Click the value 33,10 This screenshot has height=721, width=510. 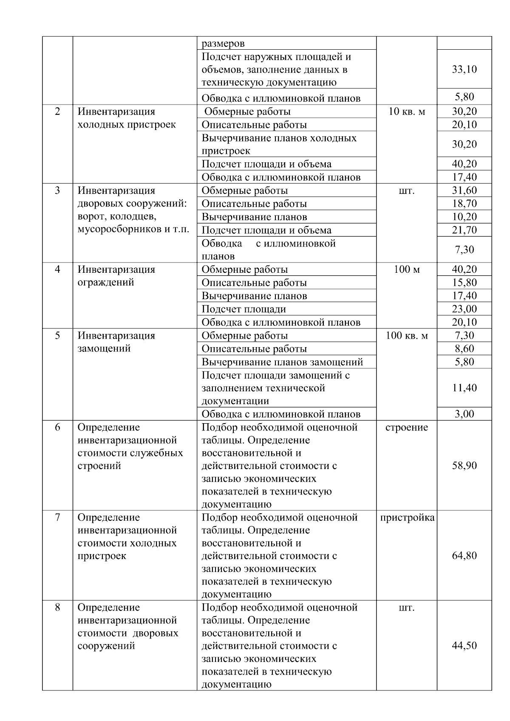464,69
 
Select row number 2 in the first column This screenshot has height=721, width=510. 57,112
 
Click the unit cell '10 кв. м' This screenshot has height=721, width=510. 407,112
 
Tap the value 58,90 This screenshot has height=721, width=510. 464,466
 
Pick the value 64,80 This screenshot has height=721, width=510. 464,556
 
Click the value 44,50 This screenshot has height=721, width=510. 464,646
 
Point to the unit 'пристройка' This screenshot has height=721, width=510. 407,517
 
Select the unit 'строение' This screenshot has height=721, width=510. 407,427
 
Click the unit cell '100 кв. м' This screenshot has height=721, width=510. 407,336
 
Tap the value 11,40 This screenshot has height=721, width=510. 464,388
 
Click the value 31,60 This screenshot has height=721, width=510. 464,190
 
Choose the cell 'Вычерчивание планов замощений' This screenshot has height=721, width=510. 282,362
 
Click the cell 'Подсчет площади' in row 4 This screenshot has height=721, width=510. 244,309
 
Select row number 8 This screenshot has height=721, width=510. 57,608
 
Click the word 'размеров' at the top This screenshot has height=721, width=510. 223,43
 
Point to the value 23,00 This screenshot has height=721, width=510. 464,309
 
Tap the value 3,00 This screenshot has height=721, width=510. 464,414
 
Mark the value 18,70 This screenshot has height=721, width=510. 464,204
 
